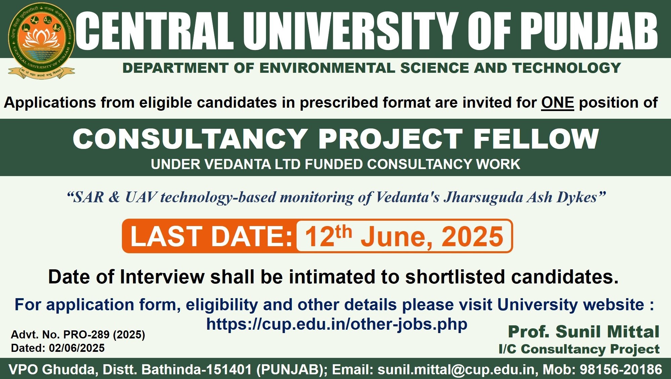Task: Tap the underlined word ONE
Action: pos(557,102)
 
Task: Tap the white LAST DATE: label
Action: pos(211,236)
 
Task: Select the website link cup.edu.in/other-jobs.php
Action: pos(337,324)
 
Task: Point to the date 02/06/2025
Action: pos(77,348)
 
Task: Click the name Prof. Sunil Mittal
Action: pos(584,332)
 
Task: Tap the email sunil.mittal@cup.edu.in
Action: pos(456,369)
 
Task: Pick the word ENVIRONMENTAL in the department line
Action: pos(327,68)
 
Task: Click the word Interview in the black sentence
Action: pos(162,277)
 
